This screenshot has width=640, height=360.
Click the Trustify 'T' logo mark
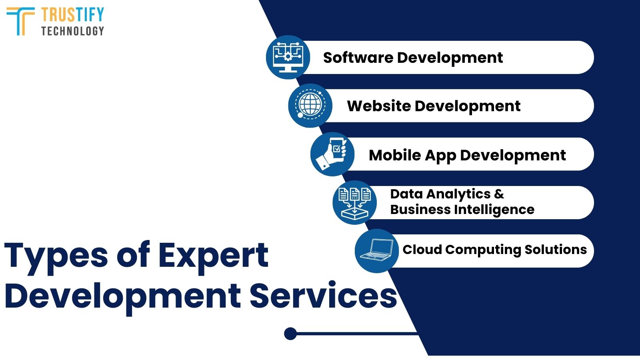tap(20, 21)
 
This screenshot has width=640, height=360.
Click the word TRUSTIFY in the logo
tap(72, 15)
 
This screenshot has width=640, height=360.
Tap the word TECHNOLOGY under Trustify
tap(72, 31)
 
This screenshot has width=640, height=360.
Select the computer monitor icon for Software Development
tap(288, 57)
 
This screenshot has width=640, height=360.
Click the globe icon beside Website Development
tap(310, 106)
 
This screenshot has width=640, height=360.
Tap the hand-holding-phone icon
tap(332, 154)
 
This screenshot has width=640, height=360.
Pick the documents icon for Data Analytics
tap(354, 202)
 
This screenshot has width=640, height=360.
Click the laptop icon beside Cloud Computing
tap(376, 251)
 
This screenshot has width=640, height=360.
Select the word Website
tap(379, 106)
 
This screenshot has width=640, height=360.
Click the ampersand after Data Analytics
tap(499, 194)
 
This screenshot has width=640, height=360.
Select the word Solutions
tap(556, 250)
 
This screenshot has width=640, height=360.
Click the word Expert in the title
tap(213, 256)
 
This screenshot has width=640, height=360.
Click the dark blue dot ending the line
tap(290, 333)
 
